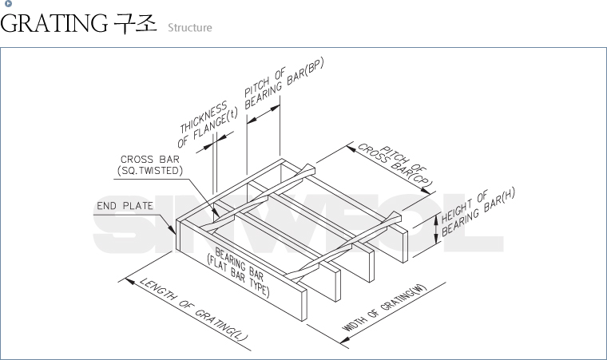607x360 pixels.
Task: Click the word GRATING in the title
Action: coord(53,25)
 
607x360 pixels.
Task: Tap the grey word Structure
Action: coord(189,28)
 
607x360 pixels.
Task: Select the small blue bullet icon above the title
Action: coord(8,4)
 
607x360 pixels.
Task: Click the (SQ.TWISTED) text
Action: coord(149,171)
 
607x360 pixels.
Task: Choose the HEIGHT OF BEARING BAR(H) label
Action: coord(476,212)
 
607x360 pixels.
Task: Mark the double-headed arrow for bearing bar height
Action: coord(435,230)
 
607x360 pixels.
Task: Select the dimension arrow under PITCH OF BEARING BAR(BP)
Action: coord(264,116)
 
